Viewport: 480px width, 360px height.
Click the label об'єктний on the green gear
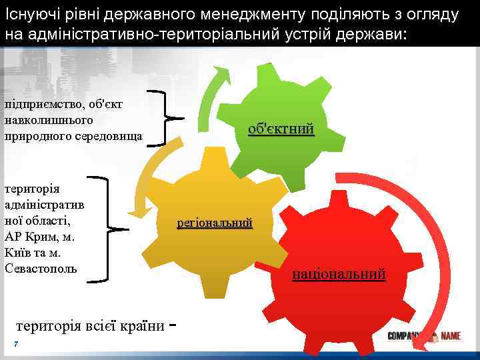pyautogui.click(x=281, y=129)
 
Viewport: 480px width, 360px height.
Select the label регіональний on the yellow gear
pyautogui.click(x=215, y=223)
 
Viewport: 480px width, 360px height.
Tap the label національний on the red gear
pyautogui.click(x=339, y=274)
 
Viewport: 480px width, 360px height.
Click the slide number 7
pyautogui.click(x=15, y=343)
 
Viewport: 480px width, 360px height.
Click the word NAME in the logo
pyautogui.click(x=450, y=336)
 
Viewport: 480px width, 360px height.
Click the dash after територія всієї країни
pyautogui.click(x=173, y=326)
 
